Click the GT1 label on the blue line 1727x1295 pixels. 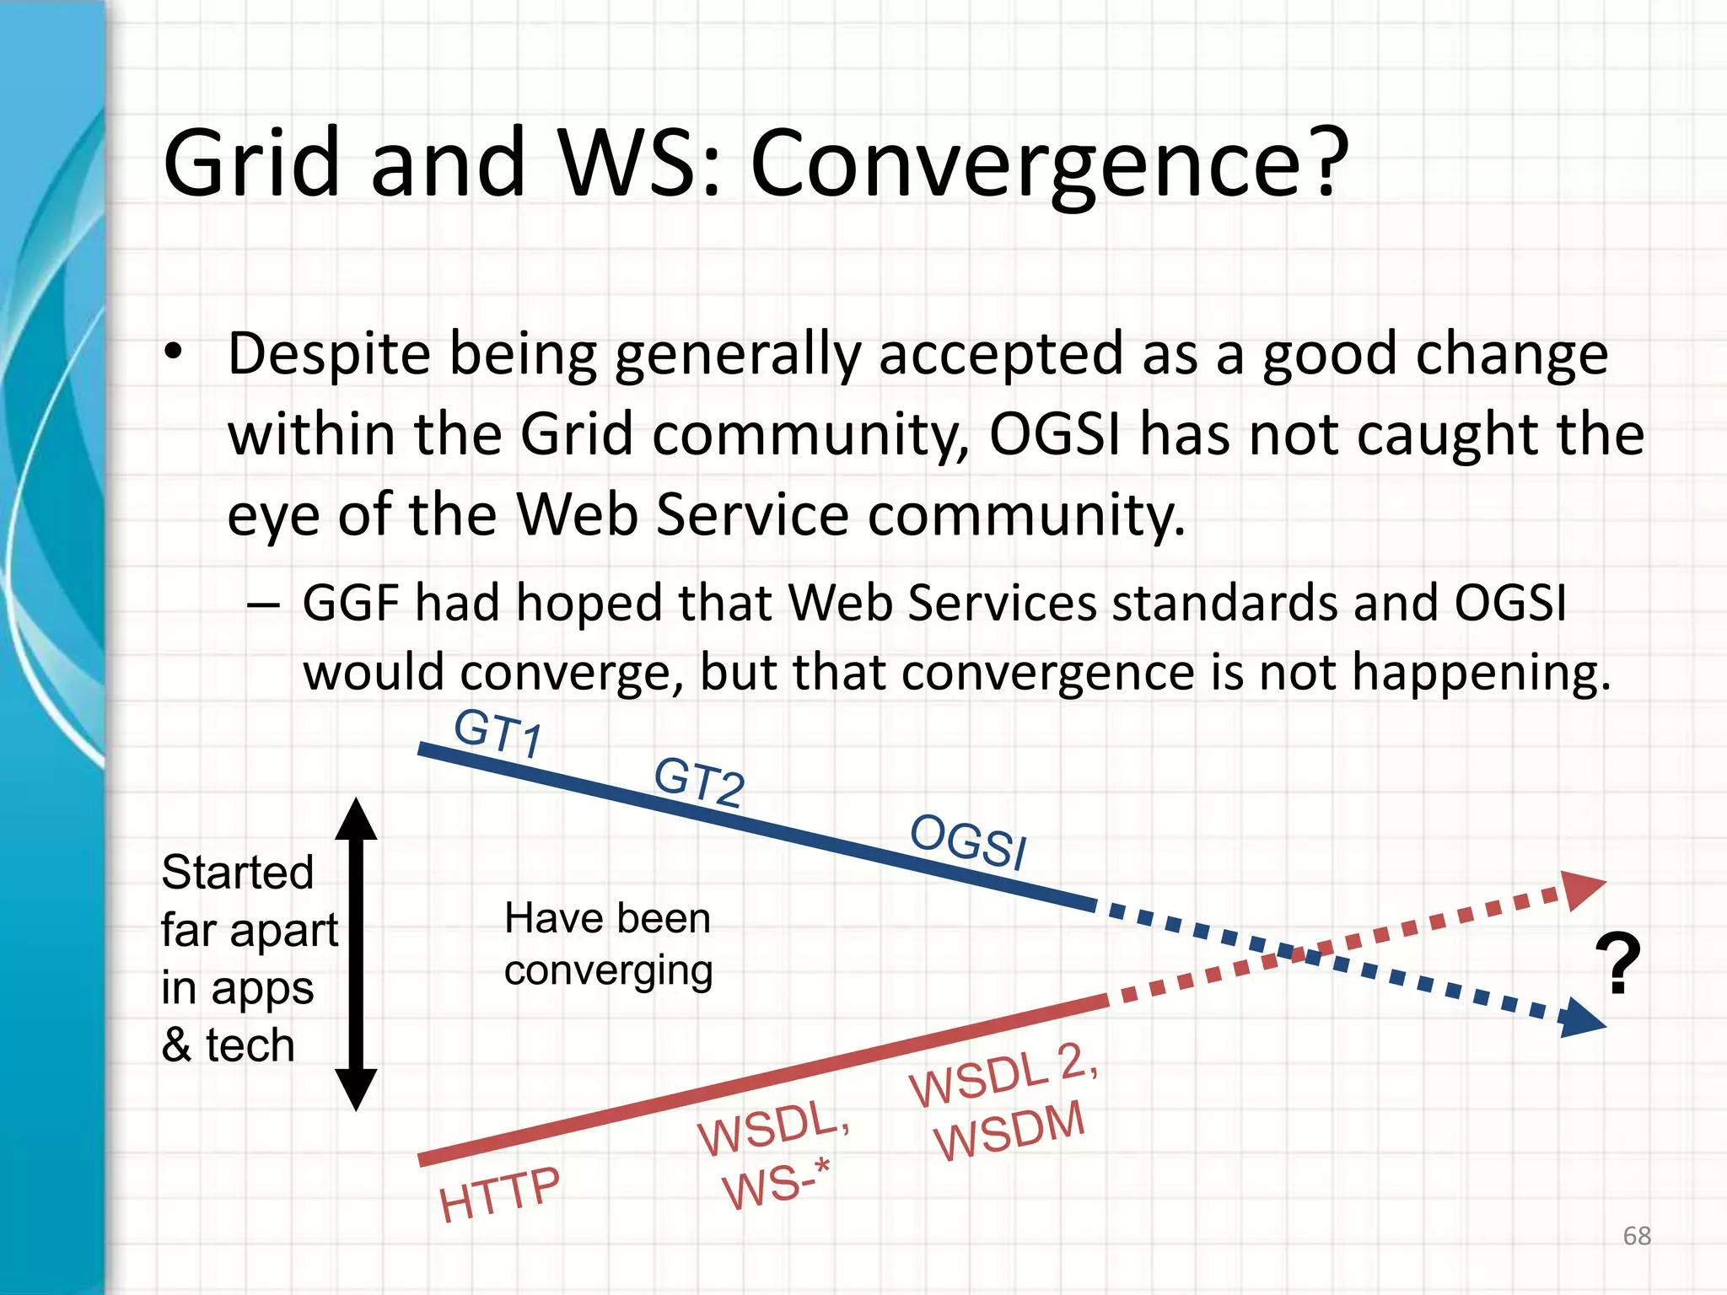(x=498, y=733)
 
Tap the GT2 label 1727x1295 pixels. (x=699, y=782)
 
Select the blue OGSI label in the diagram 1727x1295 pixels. (x=968, y=841)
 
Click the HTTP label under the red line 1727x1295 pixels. (x=499, y=1195)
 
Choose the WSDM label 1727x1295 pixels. (x=1009, y=1131)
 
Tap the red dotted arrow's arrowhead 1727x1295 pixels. (x=1581, y=889)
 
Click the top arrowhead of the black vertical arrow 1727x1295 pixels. (x=356, y=819)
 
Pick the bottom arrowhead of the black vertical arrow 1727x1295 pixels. (x=356, y=1088)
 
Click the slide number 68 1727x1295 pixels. (x=1636, y=1236)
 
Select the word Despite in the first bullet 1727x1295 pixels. (x=329, y=354)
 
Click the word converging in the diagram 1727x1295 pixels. (x=608, y=971)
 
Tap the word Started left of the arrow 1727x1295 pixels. (x=237, y=872)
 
